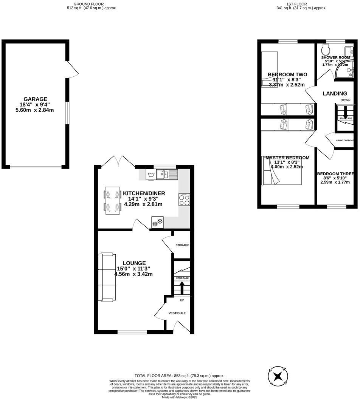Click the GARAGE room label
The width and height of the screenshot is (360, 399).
tap(36, 99)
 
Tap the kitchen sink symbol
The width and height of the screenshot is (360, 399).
tap(168, 175)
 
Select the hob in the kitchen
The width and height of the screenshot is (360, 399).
tap(184, 200)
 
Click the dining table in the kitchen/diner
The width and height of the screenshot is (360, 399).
tap(112, 200)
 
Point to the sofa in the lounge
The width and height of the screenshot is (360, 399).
tap(107, 277)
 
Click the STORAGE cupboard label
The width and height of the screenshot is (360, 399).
tap(182, 245)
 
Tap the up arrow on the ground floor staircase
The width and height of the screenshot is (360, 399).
tap(182, 288)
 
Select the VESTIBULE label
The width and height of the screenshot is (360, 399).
tap(177, 313)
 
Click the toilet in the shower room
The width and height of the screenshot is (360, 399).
tap(324, 49)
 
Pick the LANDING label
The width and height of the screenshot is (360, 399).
tap(334, 94)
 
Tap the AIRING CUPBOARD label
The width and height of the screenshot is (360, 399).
tap(345, 141)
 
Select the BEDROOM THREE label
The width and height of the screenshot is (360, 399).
tap(335, 174)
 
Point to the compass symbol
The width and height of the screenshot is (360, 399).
tap(278, 376)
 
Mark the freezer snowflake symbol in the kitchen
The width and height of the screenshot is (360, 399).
tap(157, 223)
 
